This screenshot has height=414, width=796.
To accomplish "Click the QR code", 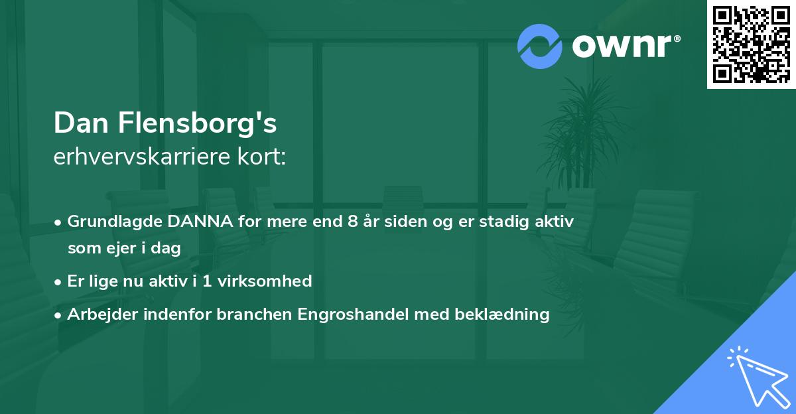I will (752, 44).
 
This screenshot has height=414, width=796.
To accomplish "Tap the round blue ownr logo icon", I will (540, 46).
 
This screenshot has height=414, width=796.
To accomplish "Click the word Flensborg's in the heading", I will (196, 123).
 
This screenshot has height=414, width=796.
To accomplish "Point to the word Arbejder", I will (98, 314).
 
